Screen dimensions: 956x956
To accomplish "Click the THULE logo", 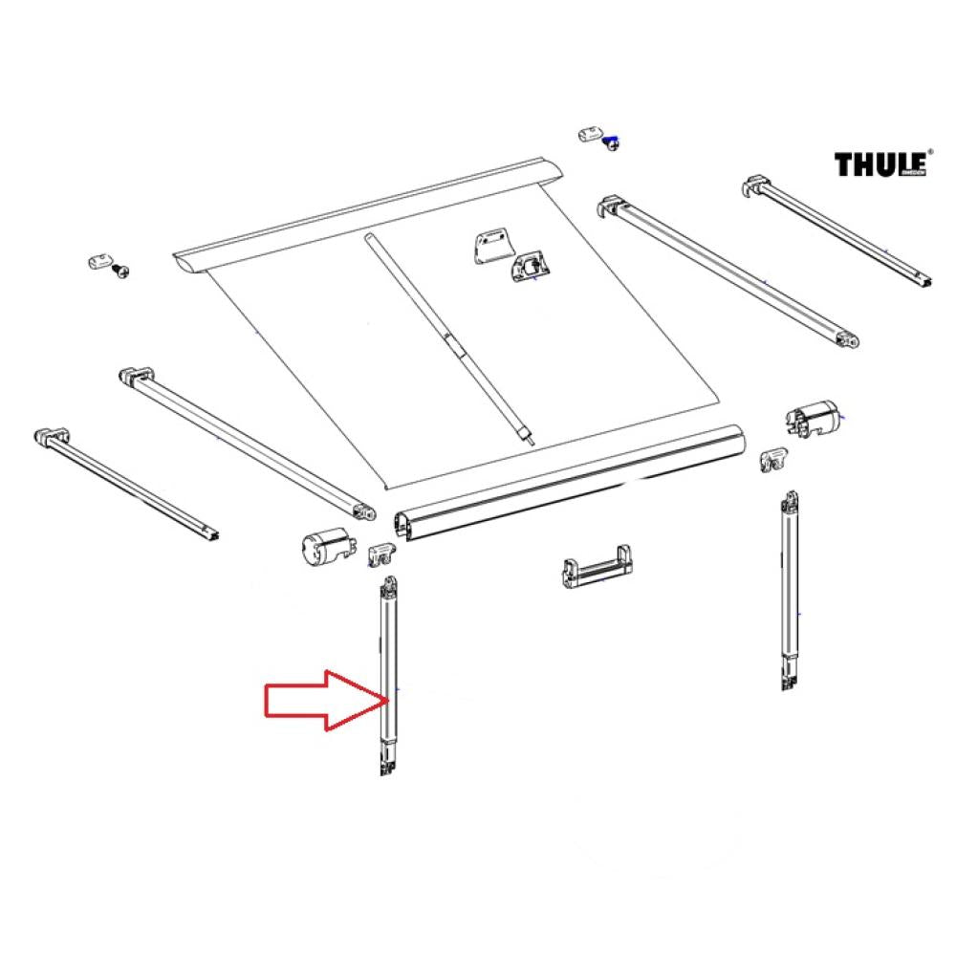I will pos(882,164).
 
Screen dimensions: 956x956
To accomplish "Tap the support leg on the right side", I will pos(789,593).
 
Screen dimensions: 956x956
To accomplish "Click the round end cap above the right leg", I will pos(813,419).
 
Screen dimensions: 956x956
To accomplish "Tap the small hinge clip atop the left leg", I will pos(383,554).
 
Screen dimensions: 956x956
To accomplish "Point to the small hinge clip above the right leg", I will pos(773,459).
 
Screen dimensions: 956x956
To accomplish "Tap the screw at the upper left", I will pos(120,272).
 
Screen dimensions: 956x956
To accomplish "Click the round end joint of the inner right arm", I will pos(846,337).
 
